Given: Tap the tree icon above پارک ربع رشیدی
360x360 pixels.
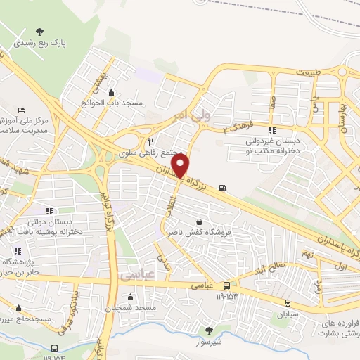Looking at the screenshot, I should coord(40,31).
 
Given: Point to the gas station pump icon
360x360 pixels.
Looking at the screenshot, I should coord(224,187).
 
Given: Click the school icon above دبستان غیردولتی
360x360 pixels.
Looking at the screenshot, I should coord(272,130).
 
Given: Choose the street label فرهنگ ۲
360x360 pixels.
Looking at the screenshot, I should coord(236,128).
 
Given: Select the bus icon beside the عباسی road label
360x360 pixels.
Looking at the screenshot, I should coord(226,285).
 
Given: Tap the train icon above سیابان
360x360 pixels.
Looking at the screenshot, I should coord(288,303).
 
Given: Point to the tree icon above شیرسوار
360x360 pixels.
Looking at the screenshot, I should coord(208,330).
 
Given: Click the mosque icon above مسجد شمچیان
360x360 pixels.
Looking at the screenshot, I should coord(135,297).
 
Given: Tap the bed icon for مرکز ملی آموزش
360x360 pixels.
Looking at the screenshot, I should coord(21,110).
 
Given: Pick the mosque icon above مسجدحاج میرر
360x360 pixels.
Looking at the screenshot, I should coord(18,308).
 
